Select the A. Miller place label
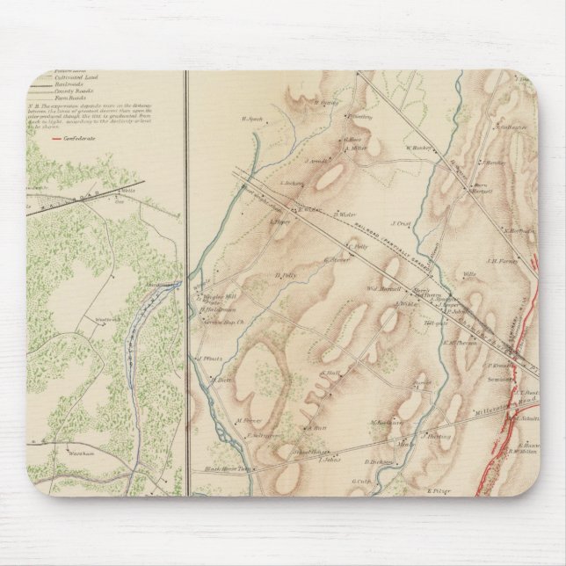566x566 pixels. click(355, 148)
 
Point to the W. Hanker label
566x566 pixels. click(421, 147)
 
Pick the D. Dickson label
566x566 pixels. click(380, 461)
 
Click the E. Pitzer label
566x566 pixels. click(439, 490)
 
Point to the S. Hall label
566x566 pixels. click(330, 374)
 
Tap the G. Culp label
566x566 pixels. click(363, 481)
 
